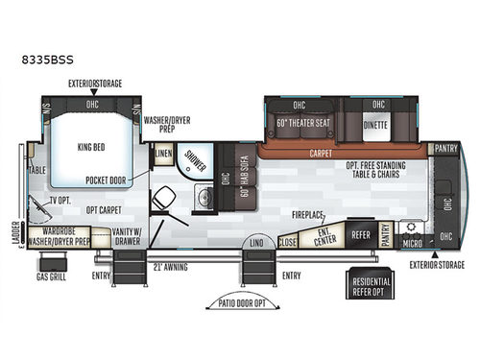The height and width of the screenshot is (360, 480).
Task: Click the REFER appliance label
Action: tap(360, 233)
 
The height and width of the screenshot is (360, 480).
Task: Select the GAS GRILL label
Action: tap(50, 276)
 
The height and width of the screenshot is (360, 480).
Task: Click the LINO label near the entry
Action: tap(256, 245)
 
